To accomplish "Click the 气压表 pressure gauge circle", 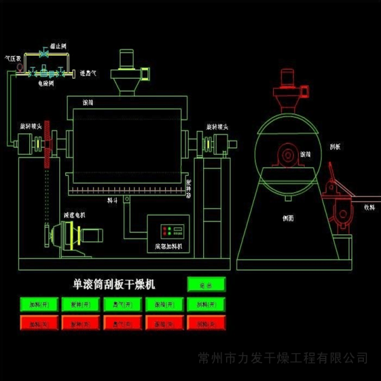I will pos(19,65).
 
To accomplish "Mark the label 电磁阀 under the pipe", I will pos(45,83).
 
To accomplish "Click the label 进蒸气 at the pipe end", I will pos(88,74).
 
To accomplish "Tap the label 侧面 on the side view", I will pos(288,218).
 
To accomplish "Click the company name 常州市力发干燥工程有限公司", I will pos(283,359).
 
